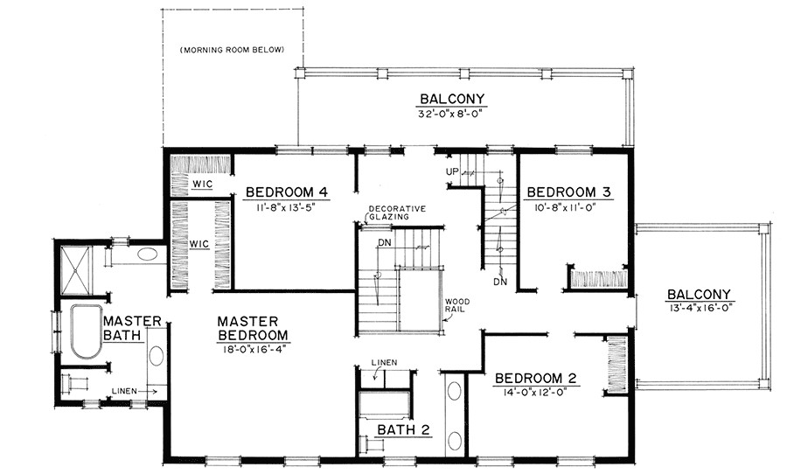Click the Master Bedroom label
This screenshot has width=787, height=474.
click(x=253, y=328)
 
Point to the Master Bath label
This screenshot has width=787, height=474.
click(x=132, y=328)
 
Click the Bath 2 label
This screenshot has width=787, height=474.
click(x=403, y=429)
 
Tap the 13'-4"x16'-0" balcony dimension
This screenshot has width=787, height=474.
click(x=699, y=308)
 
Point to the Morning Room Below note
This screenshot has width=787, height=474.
click(x=232, y=50)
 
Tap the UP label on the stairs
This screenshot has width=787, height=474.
click(x=452, y=171)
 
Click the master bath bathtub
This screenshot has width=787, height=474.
click(x=87, y=331)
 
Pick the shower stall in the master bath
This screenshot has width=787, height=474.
click(x=74, y=271)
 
